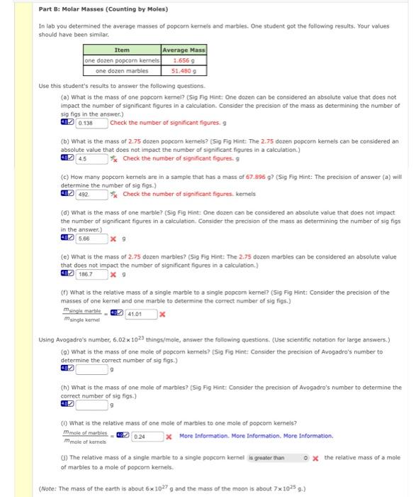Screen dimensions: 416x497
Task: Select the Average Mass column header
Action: (184, 50)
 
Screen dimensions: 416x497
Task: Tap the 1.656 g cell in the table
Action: (184, 60)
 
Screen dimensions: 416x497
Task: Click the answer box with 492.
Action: (91, 194)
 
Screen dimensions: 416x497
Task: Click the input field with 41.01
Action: (140, 313)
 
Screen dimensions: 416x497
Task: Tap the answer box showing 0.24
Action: (146, 436)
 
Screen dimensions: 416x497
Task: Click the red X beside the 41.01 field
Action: (162, 313)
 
